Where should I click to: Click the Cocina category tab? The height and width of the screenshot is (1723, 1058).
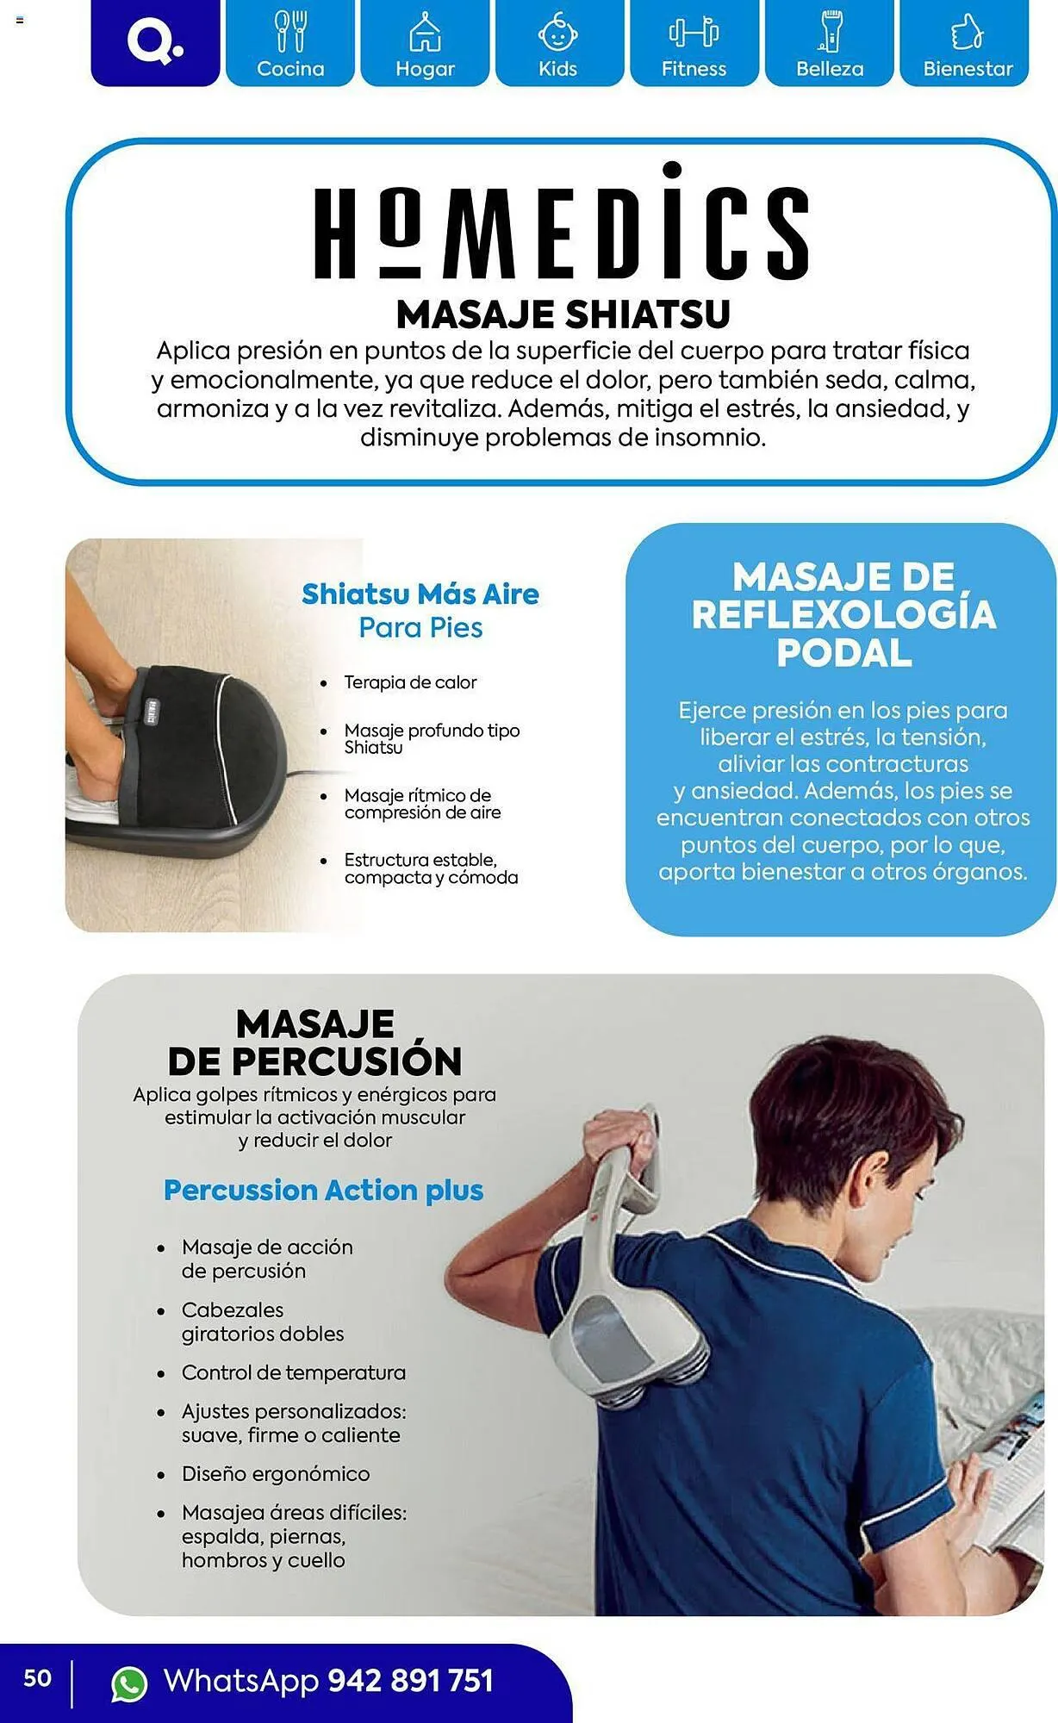click(x=290, y=43)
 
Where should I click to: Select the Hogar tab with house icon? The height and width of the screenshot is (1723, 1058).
click(x=425, y=43)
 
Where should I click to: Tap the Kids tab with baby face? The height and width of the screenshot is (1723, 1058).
click(x=558, y=43)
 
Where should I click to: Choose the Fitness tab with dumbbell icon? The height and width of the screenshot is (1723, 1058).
click(x=694, y=43)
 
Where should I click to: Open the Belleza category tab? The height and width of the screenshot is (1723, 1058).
click(x=829, y=43)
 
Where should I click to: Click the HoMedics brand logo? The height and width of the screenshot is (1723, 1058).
click(x=561, y=226)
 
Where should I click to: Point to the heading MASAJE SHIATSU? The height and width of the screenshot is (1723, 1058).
click(x=563, y=314)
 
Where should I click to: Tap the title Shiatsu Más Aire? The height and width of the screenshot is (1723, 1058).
click(x=420, y=594)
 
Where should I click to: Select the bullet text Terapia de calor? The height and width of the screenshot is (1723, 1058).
click(x=410, y=682)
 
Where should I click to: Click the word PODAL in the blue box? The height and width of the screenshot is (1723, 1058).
click(x=843, y=653)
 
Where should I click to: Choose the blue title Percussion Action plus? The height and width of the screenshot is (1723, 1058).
click(x=323, y=1191)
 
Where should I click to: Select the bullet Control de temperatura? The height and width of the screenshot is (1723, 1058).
click(x=293, y=1372)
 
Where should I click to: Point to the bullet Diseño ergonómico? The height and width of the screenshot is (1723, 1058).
click(x=276, y=1474)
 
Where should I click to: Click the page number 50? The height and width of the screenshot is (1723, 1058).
click(x=37, y=1678)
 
